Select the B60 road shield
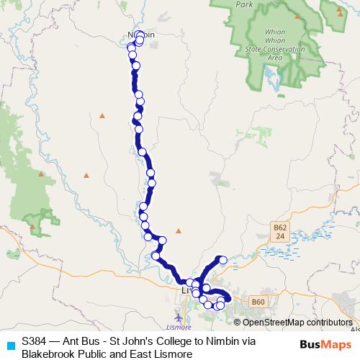pos(259,301)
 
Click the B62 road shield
pos(280,231)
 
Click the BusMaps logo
pos(325,344)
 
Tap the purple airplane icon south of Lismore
pos(179,317)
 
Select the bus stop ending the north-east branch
pos(223,259)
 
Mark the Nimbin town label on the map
pos(141,35)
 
